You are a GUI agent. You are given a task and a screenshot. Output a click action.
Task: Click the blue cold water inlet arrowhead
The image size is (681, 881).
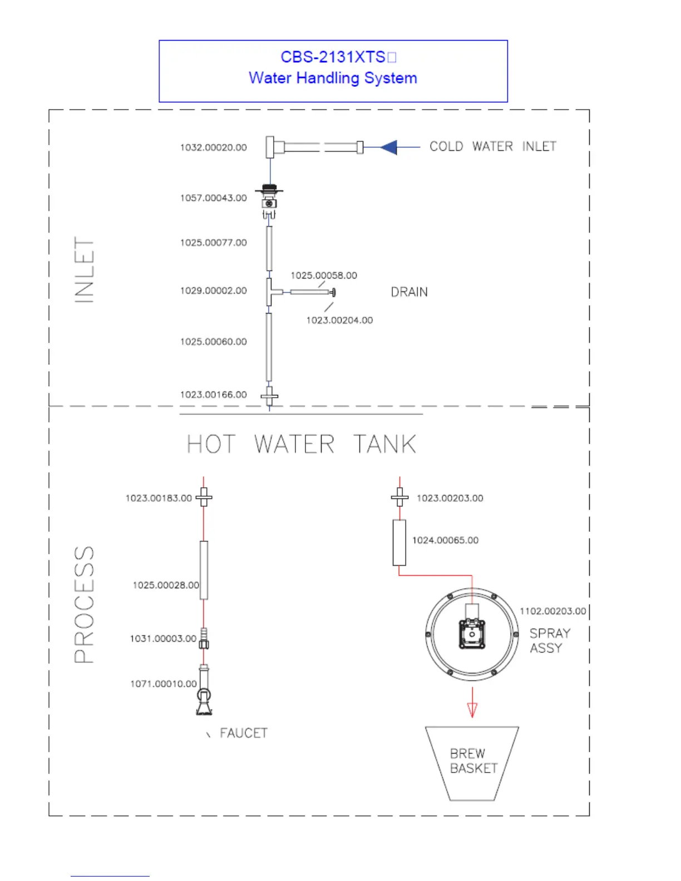click(x=389, y=147)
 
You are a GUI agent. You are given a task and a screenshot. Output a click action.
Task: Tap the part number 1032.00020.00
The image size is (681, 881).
click(x=213, y=148)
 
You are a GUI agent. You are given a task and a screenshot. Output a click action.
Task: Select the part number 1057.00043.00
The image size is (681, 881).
click(x=213, y=198)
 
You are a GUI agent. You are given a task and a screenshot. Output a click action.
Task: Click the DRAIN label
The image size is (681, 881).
click(x=409, y=292)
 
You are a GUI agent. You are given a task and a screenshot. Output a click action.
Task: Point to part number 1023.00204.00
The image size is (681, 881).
click(x=339, y=320)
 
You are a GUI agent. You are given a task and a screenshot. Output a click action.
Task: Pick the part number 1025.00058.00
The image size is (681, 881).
click(x=324, y=275)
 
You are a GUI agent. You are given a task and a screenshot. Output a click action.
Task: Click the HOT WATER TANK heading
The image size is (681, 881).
click(x=301, y=444)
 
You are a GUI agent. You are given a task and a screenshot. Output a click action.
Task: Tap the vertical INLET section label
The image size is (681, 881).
click(x=85, y=270)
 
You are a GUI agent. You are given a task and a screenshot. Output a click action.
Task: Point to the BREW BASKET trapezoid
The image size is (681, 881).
click(x=472, y=763)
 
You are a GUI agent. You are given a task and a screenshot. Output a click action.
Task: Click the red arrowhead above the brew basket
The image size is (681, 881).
click(x=472, y=710)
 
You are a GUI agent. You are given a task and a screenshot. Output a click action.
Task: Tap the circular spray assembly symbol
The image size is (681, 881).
click(x=472, y=634)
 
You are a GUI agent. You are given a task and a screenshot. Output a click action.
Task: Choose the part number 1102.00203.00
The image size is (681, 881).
click(x=552, y=611)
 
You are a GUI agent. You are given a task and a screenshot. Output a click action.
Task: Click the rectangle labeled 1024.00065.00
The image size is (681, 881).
click(x=399, y=542)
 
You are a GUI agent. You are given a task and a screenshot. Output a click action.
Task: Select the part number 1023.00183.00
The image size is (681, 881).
click(x=159, y=498)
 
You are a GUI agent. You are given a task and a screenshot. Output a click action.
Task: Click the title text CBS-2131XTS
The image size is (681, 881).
click(x=333, y=57)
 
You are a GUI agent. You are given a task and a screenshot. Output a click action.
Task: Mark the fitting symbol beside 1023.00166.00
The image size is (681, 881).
click(x=270, y=397)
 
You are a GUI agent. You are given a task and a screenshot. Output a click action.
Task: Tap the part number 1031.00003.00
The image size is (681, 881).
click(x=163, y=639)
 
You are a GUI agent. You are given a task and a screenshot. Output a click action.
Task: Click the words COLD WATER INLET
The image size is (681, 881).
click(x=492, y=147)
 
